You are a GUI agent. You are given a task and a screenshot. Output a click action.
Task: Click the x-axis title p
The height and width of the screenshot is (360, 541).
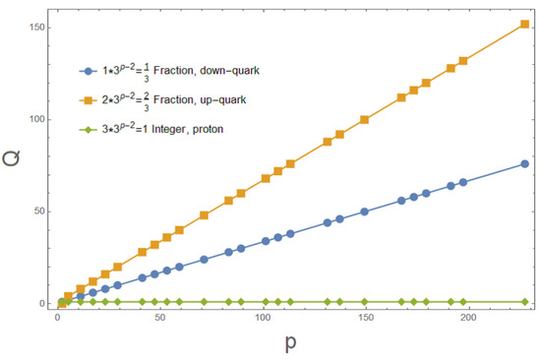pyautogui.click(x=289, y=343)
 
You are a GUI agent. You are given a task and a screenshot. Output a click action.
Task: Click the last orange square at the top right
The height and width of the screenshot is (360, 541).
pyautogui.click(x=524, y=24)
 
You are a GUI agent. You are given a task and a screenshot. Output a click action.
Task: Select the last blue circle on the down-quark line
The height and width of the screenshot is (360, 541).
pyautogui.click(x=524, y=163)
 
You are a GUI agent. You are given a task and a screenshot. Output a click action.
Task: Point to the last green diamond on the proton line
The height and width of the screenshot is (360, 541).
pyautogui.click(x=524, y=301)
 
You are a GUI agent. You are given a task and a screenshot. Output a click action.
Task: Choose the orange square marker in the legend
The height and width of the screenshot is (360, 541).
pyautogui.click(x=90, y=100)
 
